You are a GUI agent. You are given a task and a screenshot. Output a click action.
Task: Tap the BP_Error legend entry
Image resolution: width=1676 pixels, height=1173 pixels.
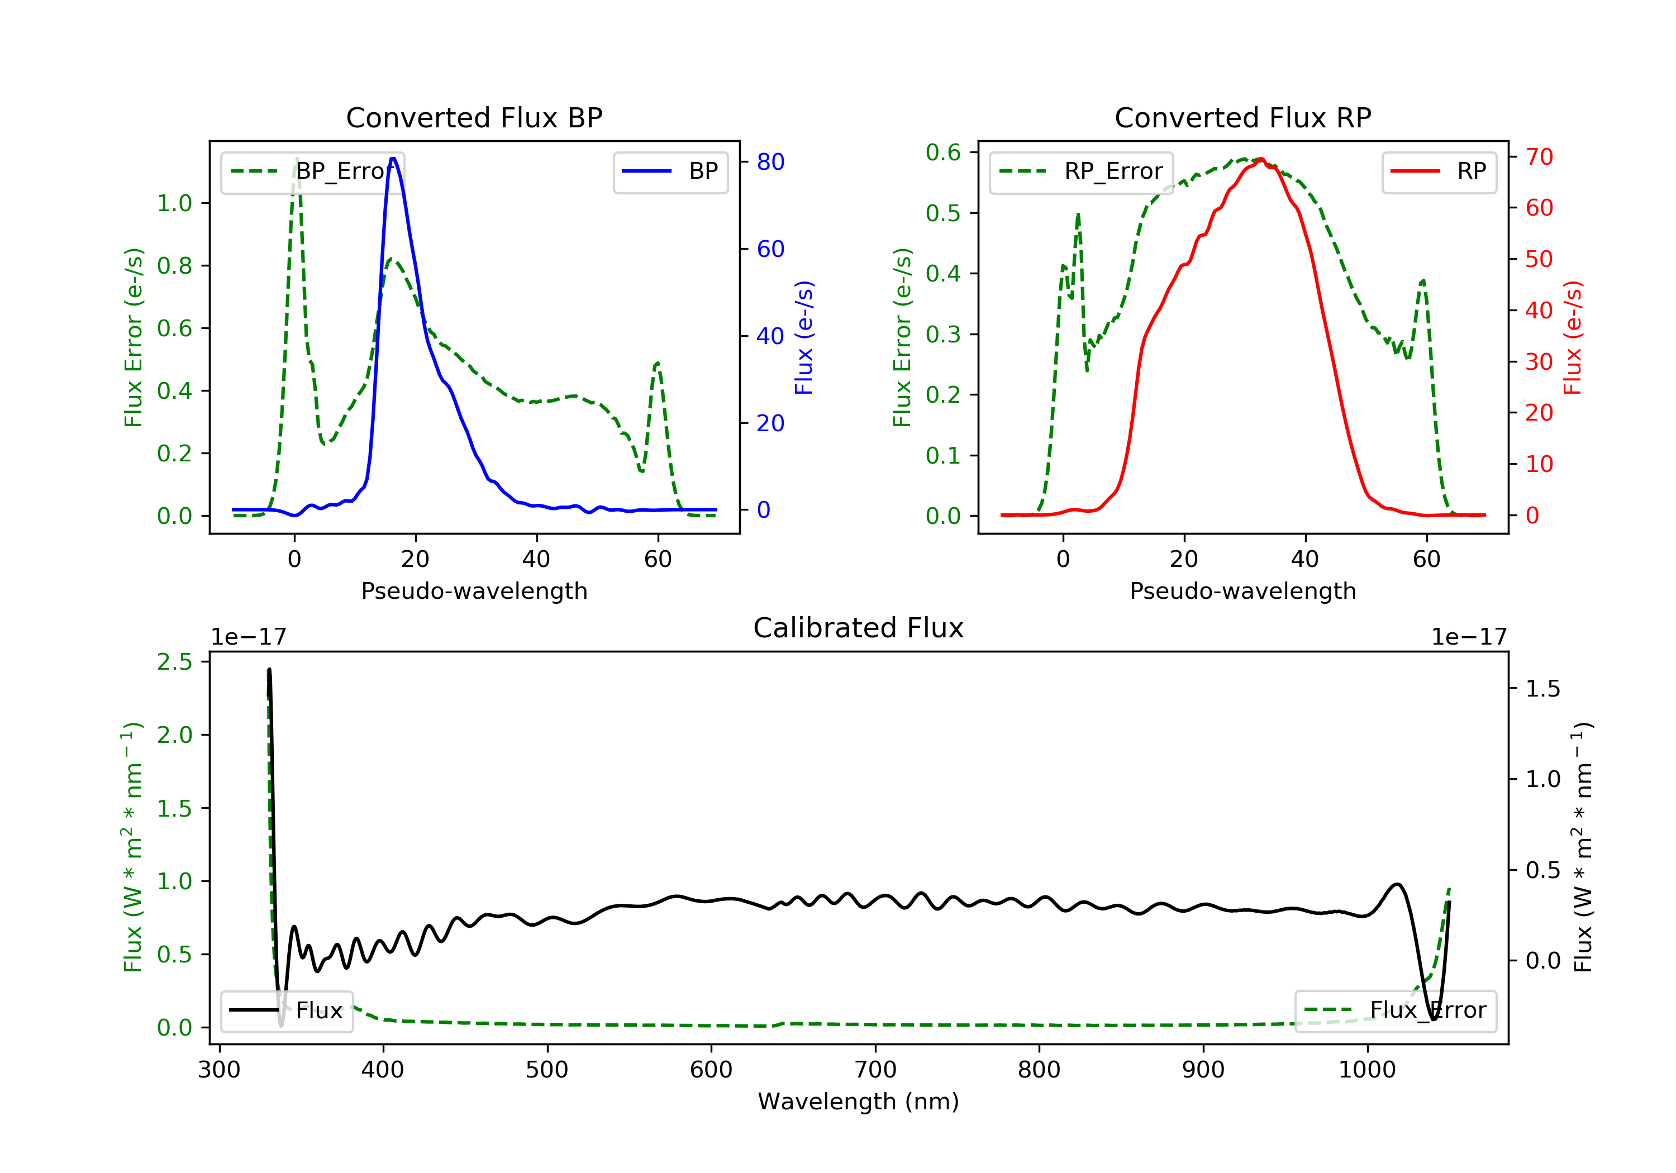click(x=312, y=171)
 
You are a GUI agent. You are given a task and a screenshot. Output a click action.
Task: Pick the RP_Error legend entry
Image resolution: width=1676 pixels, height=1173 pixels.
click(x=1081, y=171)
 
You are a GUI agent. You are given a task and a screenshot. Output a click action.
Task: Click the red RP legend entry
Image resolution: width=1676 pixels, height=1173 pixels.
click(x=1439, y=171)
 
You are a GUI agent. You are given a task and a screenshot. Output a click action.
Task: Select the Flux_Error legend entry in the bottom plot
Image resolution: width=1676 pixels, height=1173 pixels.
click(x=1395, y=1010)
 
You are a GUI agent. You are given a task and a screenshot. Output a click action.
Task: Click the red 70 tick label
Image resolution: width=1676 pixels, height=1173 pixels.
click(x=1539, y=157)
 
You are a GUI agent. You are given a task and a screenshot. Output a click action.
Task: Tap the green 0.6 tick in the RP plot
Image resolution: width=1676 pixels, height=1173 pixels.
click(x=942, y=152)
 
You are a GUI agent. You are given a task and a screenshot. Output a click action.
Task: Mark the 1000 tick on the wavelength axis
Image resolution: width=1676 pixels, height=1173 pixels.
click(x=1366, y=1070)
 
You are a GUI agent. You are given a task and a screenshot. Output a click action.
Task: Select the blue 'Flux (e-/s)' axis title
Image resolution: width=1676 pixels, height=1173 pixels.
click(x=804, y=338)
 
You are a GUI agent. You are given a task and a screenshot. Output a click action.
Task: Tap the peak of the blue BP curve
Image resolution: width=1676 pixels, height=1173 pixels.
click(x=393, y=159)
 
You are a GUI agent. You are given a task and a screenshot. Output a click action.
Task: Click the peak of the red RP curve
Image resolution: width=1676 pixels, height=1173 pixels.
click(x=1261, y=159)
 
